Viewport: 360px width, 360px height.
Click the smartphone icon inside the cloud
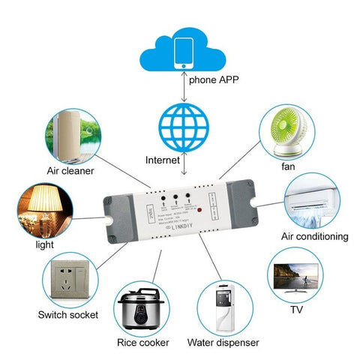pos(181,49)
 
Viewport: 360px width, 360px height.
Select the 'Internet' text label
pos(163,160)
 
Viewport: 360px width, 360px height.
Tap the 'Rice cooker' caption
pos(142,343)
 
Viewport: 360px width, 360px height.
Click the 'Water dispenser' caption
pos(224,343)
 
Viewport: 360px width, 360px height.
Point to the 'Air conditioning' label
pos(314,236)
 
